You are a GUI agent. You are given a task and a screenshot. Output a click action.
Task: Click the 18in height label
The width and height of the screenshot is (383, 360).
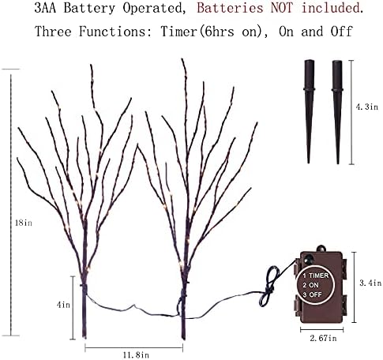(x=24, y=223)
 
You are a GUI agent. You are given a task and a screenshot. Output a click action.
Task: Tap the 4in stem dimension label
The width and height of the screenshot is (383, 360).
(x=63, y=305)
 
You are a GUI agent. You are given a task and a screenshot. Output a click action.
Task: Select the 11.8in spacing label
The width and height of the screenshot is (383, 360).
(x=136, y=355)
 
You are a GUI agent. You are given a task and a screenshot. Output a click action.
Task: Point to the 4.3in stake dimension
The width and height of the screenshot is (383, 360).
(x=367, y=107)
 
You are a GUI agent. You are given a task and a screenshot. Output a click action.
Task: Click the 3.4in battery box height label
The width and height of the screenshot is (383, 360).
(x=370, y=283)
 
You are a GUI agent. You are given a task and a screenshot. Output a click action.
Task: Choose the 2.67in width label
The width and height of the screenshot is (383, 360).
(x=323, y=338)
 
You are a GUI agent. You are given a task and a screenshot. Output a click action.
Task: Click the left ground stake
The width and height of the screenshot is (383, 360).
(x=309, y=111)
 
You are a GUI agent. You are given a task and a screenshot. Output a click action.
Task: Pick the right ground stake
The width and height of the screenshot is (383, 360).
(x=337, y=112)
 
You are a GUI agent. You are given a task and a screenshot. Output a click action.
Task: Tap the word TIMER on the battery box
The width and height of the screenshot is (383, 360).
(x=319, y=276)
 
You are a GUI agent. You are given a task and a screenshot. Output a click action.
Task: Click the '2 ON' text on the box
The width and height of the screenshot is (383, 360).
(x=310, y=285)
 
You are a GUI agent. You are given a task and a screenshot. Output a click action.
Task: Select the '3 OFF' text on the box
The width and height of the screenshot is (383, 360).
(x=313, y=294)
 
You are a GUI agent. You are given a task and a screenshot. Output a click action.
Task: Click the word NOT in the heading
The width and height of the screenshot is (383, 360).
(x=282, y=8)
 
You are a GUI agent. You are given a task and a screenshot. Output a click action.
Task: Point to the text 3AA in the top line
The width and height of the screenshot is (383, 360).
(x=45, y=8)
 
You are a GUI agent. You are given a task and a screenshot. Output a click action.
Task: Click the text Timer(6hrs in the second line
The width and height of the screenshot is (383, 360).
(x=197, y=32)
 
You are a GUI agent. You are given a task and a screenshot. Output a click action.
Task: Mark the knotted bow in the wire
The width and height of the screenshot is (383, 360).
(x=268, y=287)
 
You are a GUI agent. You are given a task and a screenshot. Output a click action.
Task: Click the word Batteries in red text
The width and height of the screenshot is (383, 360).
(x=230, y=8)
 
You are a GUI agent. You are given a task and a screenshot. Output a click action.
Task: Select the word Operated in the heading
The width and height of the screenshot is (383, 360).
(x=152, y=9)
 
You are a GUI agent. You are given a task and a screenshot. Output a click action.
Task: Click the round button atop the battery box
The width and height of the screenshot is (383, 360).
(x=321, y=249)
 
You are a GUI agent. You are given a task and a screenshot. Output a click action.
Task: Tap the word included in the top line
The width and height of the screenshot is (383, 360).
(x=332, y=8)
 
